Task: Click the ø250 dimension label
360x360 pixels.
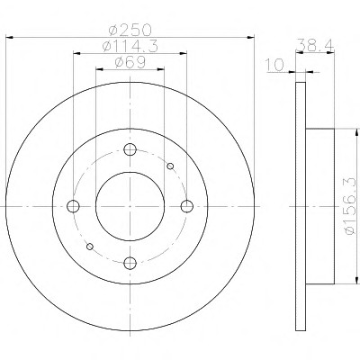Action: (130, 30)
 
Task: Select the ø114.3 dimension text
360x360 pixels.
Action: (130, 46)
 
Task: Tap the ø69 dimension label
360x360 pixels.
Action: (130, 62)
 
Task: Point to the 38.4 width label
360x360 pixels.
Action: (315, 45)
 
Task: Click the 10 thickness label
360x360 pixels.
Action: (274, 65)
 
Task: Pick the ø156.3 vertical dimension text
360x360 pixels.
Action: (351, 206)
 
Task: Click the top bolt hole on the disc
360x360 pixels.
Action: (130, 149)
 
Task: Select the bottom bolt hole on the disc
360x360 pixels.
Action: (130, 263)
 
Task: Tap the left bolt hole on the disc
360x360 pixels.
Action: (73, 206)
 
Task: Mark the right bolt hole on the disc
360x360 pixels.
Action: (187, 206)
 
